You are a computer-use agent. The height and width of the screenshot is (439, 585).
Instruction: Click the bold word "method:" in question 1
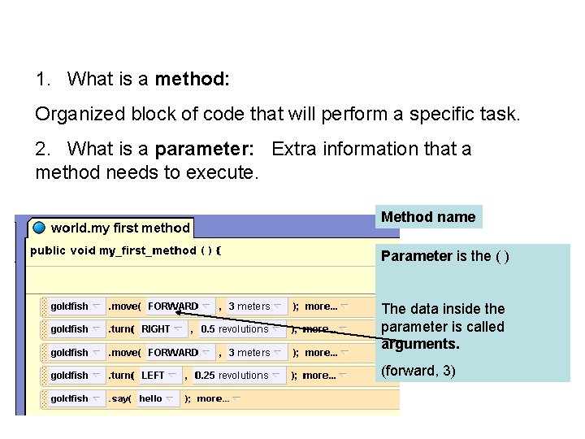coord(193,79)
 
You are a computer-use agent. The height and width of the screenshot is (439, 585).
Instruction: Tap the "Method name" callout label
coord(428,217)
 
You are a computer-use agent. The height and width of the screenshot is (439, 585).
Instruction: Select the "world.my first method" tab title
coord(120,228)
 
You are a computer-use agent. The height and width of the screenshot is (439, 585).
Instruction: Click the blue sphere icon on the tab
coord(40,228)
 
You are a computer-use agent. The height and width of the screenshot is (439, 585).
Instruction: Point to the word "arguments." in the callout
coord(421,345)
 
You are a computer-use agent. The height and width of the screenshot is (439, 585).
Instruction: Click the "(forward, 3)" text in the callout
coord(418,371)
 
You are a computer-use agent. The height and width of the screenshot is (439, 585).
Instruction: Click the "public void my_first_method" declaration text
coord(113,250)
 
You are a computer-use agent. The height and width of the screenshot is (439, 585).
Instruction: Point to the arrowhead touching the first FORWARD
coord(178,307)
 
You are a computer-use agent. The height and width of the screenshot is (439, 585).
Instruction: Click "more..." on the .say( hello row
coord(213,399)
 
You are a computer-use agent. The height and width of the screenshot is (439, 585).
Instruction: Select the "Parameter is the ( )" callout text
coord(445,256)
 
